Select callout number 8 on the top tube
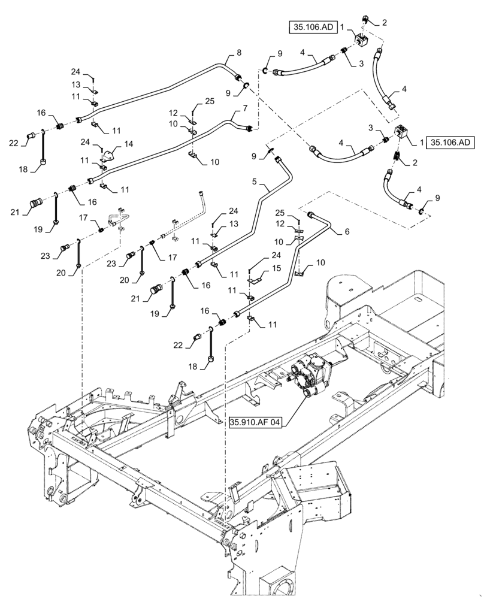click(x=239, y=53)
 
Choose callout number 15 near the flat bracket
click(x=277, y=268)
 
